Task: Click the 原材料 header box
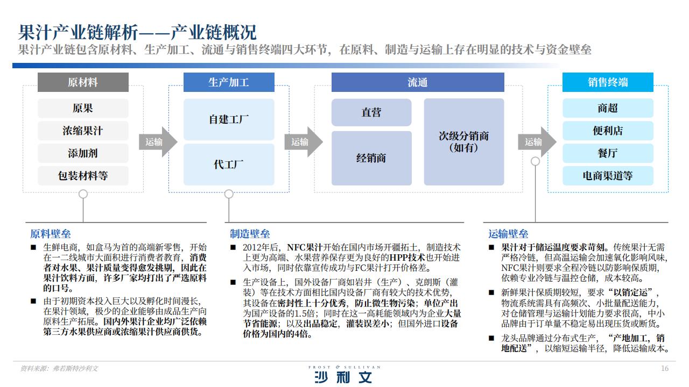83,82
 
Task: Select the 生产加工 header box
229,82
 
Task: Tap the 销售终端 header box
608,82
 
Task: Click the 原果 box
83,108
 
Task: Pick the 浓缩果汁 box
83,131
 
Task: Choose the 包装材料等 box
83,176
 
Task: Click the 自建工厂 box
229,119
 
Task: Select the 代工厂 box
229,164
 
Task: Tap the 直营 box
371,112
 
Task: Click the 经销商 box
371,158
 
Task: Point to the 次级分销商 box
464,142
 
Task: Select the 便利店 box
608,131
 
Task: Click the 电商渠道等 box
608,176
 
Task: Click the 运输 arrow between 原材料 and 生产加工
158,142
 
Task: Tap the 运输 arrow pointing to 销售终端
537,142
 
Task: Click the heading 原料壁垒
51,234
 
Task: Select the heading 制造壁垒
250,234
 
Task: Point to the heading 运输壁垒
508,234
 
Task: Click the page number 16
665,368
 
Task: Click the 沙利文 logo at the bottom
343,375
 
